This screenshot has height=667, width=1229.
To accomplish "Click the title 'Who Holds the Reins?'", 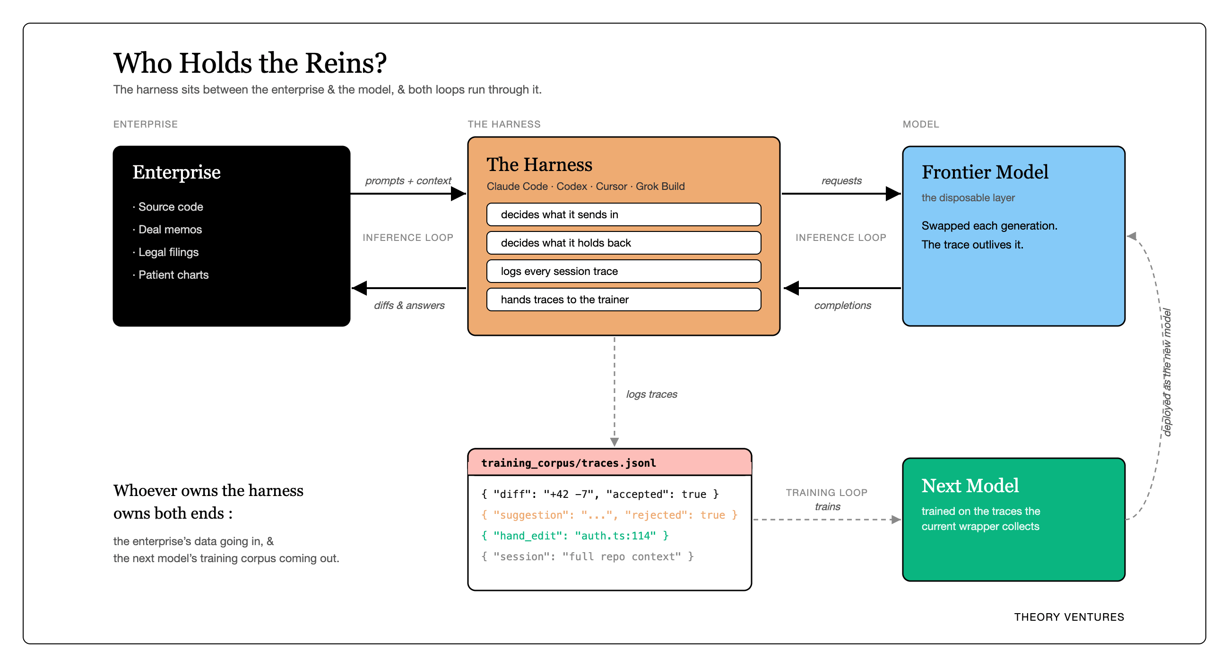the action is [x=250, y=63].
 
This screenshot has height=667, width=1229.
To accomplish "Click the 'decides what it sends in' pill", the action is [x=623, y=214].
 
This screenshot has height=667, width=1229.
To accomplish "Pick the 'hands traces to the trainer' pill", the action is [x=623, y=299].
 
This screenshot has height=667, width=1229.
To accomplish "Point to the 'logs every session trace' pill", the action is [x=623, y=271].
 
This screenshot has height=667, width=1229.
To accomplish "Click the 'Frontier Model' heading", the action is [x=985, y=172].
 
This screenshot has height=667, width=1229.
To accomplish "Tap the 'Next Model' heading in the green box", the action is [x=970, y=486].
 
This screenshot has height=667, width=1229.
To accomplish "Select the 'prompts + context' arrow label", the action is [x=408, y=181].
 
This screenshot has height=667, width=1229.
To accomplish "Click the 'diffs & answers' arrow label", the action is [x=409, y=305].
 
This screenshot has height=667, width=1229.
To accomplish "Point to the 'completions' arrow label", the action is [x=842, y=305].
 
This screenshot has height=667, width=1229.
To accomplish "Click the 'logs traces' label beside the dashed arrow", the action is [x=652, y=394].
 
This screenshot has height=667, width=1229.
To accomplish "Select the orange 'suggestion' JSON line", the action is [x=609, y=515].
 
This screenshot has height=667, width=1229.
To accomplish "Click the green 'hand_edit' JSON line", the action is [x=575, y=536].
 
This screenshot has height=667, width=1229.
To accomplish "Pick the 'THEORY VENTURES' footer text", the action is [x=1069, y=617].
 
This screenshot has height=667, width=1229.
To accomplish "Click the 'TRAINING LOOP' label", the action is [x=826, y=493].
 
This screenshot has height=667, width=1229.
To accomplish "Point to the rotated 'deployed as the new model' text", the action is [x=1167, y=372].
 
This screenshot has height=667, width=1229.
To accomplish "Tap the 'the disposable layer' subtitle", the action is [x=968, y=198].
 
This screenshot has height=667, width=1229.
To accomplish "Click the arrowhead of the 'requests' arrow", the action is [x=893, y=194].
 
